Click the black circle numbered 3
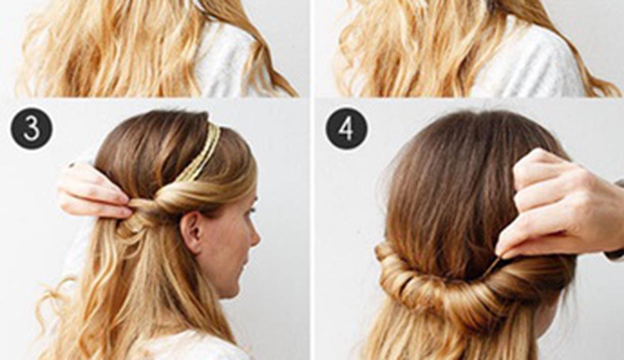(x=31, y=128)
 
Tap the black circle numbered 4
(x=347, y=128)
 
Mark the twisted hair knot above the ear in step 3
(x=152, y=203)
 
